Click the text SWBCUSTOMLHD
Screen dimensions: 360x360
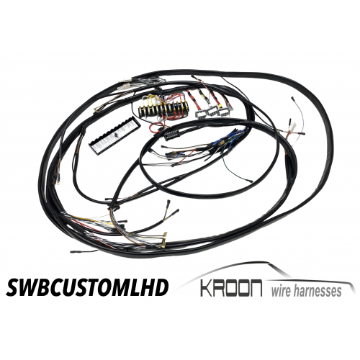87,288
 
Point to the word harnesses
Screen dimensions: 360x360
318,291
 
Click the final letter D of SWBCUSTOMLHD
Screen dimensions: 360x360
161,288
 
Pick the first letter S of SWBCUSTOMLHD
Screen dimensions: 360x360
14,288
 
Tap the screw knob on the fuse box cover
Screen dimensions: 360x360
116,135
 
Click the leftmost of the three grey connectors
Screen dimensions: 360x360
201,114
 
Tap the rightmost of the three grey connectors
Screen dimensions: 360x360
223,112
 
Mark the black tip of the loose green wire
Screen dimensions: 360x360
250,181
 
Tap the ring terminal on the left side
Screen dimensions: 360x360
58,184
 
